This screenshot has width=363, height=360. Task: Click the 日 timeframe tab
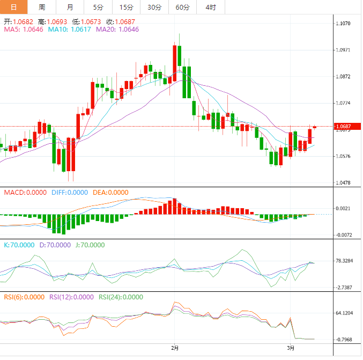pos(14,7)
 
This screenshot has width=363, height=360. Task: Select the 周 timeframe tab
pos(42,7)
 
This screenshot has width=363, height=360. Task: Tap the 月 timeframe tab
pos(70,7)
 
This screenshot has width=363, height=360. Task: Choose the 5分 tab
pos(98,7)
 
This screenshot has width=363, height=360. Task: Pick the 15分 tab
pos(126,7)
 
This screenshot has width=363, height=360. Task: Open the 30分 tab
pos(154,7)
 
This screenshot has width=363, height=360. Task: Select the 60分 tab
pos(182,7)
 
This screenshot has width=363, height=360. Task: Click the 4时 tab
pos(210,7)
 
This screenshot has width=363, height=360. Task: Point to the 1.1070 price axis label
pos(343,24)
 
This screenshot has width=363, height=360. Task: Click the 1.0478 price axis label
pos(343,183)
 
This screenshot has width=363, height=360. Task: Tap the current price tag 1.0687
pos(343,127)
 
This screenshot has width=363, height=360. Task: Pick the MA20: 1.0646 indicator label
pos(117,29)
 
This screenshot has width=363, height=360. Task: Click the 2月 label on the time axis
pos(174,348)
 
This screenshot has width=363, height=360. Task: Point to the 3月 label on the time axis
pos(291,348)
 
